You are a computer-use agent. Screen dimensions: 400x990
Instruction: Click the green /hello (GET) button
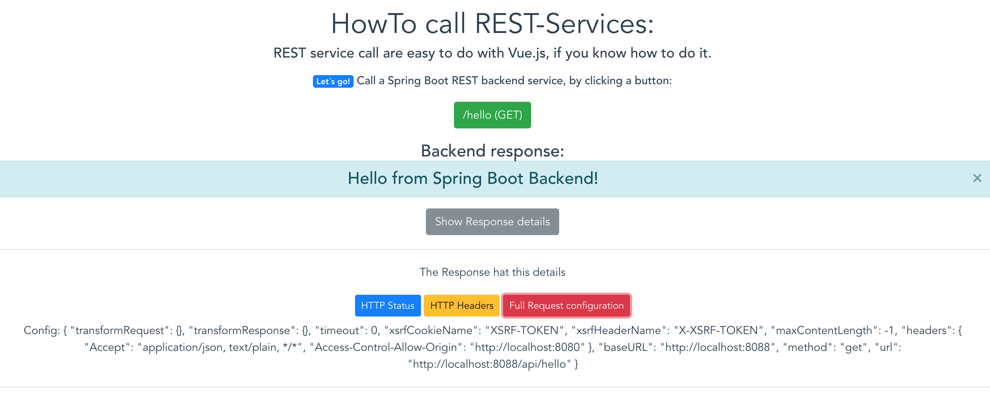click(492, 115)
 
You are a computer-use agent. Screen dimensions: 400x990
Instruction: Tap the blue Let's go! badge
click(333, 81)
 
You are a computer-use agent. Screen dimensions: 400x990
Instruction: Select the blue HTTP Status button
click(387, 306)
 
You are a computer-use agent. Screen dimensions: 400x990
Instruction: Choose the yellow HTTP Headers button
click(461, 306)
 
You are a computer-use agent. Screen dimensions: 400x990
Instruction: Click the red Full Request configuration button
click(566, 306)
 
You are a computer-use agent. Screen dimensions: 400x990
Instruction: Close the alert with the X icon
click(977, 178)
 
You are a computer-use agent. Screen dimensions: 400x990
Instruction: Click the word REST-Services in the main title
click(564, 24)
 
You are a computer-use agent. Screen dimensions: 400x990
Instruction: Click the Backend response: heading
click(492, 151)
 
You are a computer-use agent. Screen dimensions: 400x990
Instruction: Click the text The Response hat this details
click(492, 272)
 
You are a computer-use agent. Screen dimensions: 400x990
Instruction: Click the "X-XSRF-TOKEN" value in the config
click(718, 331)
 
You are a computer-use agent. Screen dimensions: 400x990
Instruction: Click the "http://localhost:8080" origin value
click(527, 347)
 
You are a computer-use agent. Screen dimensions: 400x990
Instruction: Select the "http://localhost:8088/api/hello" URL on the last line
click(489, 364)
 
